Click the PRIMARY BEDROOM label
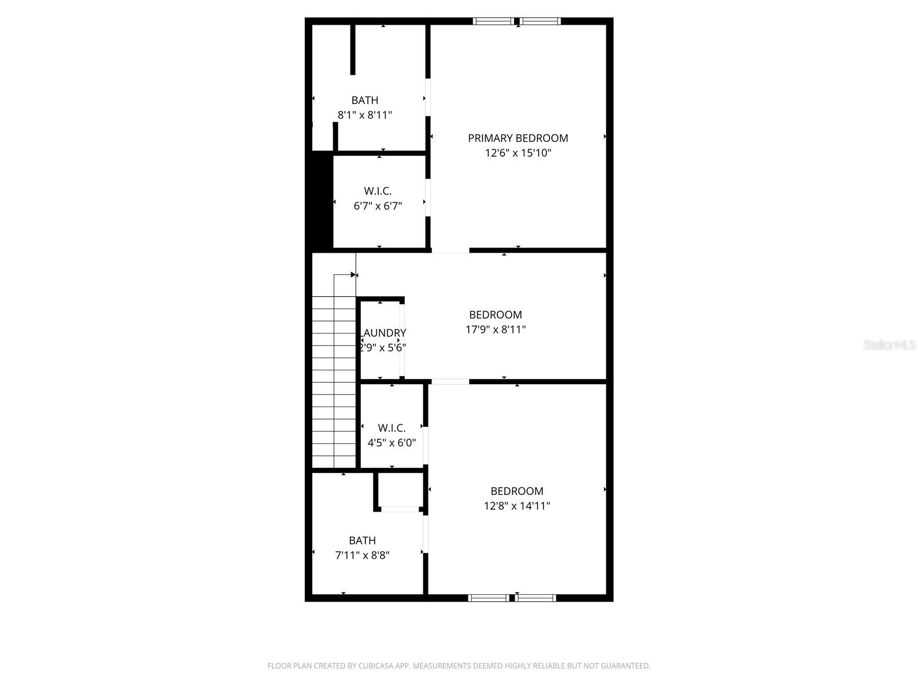click(x=518, y=138)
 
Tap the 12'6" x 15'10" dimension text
click(x=518, y=153)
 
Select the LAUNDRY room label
click(x=383, y=333)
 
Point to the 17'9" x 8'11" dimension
click(x=495, y=330)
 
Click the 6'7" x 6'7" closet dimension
click(x=378, y=206)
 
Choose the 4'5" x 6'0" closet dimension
click(x=391, y=443)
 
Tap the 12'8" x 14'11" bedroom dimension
click(x=516, y=506)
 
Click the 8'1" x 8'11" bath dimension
click(x=364, y=115)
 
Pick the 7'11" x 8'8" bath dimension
click(x=362, y=555)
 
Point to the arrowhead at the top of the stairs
click(x=353, y=275)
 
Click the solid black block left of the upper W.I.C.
click(x=322, y=201)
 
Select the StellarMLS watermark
click(x=889, y=345)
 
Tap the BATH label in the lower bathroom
click(x=362, y=540)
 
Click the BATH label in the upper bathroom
click(x=364, y=100)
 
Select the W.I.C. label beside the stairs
click(x=391, y=428)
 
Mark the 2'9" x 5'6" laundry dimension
click(x=383, y=347)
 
